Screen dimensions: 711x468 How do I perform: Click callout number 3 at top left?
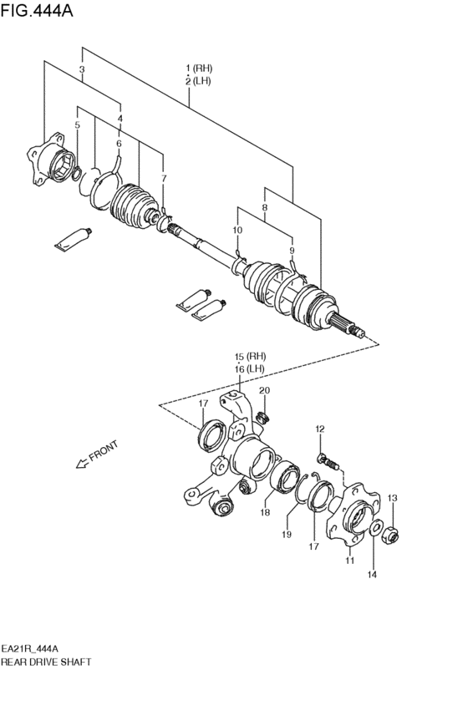(x=82, y=70)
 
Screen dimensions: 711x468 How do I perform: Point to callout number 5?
(x=77, y=126)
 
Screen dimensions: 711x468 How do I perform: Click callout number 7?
(x=163, y=179)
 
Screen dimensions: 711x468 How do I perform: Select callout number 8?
(x=264, y=207)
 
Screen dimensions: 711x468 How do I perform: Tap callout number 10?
(x=237, y=230)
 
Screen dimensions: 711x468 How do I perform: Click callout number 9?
(x=292, y=250)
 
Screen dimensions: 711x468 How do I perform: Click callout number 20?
(x=264, y=391)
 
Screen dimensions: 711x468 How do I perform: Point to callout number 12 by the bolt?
(x=319, y=429)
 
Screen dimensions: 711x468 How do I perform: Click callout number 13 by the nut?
(x=393, y=499)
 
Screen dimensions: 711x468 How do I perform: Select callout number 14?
(x=373, y=574)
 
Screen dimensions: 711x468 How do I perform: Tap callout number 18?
(x=267, y=512)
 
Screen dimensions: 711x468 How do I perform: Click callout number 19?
(x=287, y=533)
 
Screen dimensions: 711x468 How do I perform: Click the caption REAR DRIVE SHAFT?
(x=46, y=661)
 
